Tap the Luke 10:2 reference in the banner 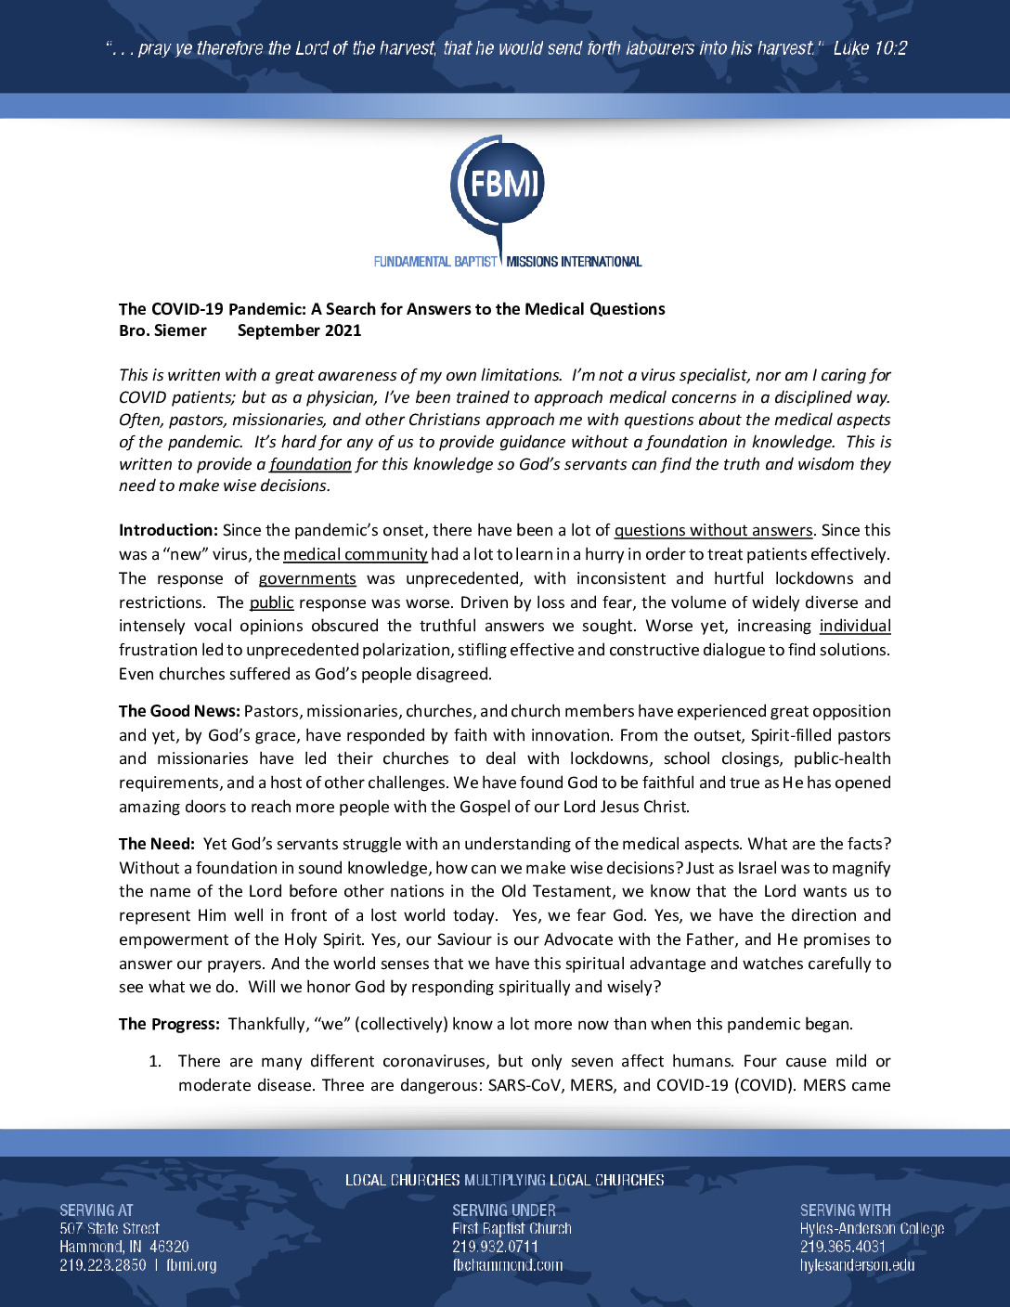click(870, 48)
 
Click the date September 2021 click(299, 330)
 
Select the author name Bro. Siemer click(162, 330)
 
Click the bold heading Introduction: click(168, 530)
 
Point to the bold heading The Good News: click(179, 711)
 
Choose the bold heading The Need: click(156, 844)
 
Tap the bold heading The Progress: click(169, 1024)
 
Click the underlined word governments click(307, 578)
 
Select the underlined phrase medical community click(355, 554)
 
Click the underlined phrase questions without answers click(713, 530)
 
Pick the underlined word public click(271, 602)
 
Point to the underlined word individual click(855, 626)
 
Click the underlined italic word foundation click(310, 464)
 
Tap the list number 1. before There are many click(155, 1061)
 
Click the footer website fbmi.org click(191, 1265)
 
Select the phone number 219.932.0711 click(495, 1247)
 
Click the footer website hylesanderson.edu click(857, 1265)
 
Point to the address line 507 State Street click(110, 1228)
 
